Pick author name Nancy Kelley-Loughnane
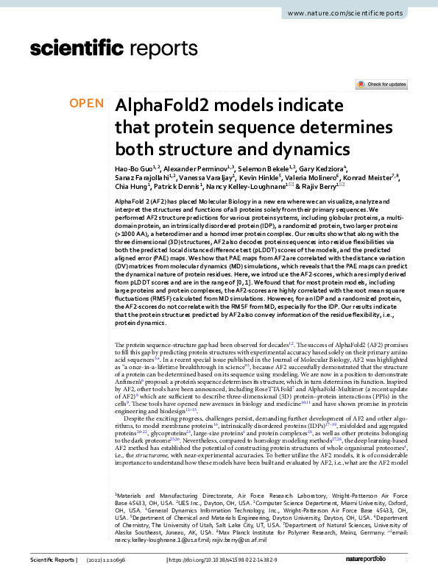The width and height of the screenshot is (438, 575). pos(243,189)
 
